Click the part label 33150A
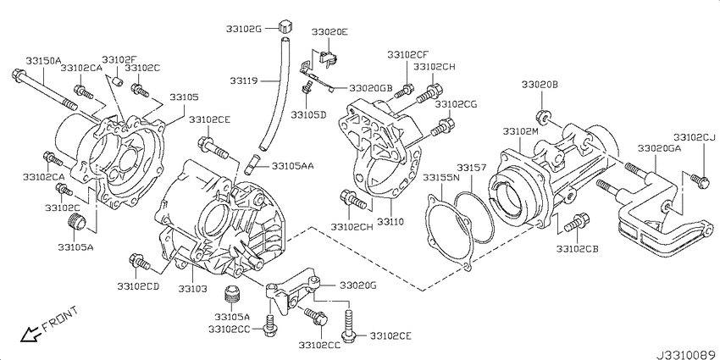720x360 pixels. pyautogui.click(x=43, y=61)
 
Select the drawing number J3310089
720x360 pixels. pyautogui.click(x=687, y=354)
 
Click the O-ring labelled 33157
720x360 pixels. pyautogui.click(x=474, y=217)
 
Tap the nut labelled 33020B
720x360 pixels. pyautogui.click(x=541, y=118)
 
